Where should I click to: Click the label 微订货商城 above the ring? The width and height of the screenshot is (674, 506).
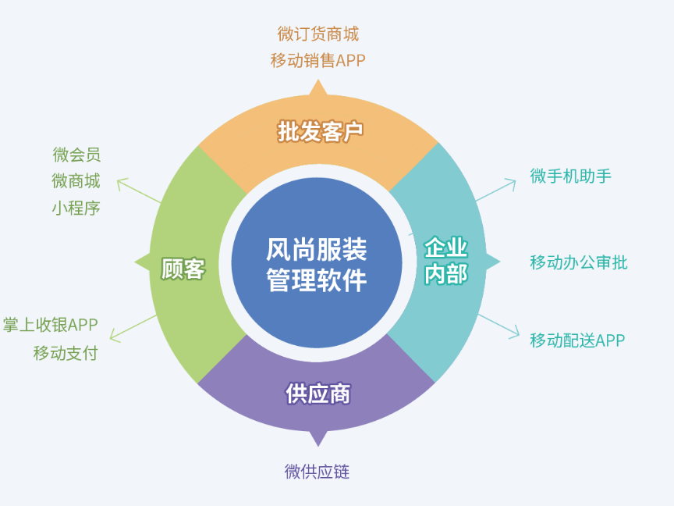click(317, 34)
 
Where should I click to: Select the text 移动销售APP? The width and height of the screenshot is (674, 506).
click(317, 60)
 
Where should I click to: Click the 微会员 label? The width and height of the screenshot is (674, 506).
click(76, 155)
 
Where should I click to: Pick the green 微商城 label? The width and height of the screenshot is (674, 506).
click(76, 181)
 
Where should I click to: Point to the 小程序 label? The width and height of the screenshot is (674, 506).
click(76, 208)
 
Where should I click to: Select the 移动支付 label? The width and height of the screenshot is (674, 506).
click(66, 352)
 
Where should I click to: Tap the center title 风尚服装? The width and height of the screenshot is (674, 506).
click(317, 249)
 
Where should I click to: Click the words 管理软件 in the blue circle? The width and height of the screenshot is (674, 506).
click(317, 280)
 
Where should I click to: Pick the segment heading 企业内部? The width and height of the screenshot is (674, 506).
click(445, 261)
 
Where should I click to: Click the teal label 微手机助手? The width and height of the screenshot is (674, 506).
click(570, 176)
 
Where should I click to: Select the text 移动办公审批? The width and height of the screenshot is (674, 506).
click(578, 262)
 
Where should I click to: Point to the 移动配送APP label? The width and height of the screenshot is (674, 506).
click(577, 340)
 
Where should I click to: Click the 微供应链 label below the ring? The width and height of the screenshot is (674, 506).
click(317, 472)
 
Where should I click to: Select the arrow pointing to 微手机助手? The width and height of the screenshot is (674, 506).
click(495, 191)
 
